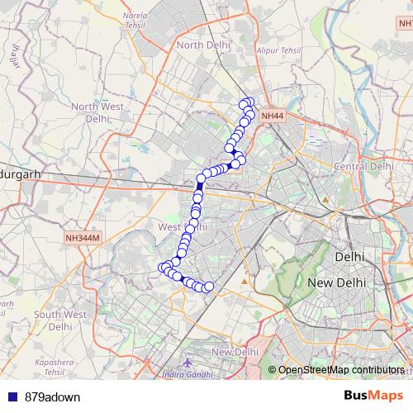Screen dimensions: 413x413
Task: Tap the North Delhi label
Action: pyautogui.click(x=202, y=45)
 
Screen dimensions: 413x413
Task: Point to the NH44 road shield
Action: pyautogui.click(x=272, y=117)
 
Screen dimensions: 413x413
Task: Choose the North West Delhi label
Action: pyautogui.click(x=97, y=112)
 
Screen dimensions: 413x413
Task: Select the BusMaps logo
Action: pyautogui.click(x=373, y=396)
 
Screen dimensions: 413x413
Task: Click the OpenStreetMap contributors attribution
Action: pyautogui.click(x=340, y=370)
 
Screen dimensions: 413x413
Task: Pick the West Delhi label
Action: pyautogui.click(x=182, y=226)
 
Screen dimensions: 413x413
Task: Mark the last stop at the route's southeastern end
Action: pyautogui.click(x=209, y=287)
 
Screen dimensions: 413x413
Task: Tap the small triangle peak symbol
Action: pyautogui.click(x=244, y=285)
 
